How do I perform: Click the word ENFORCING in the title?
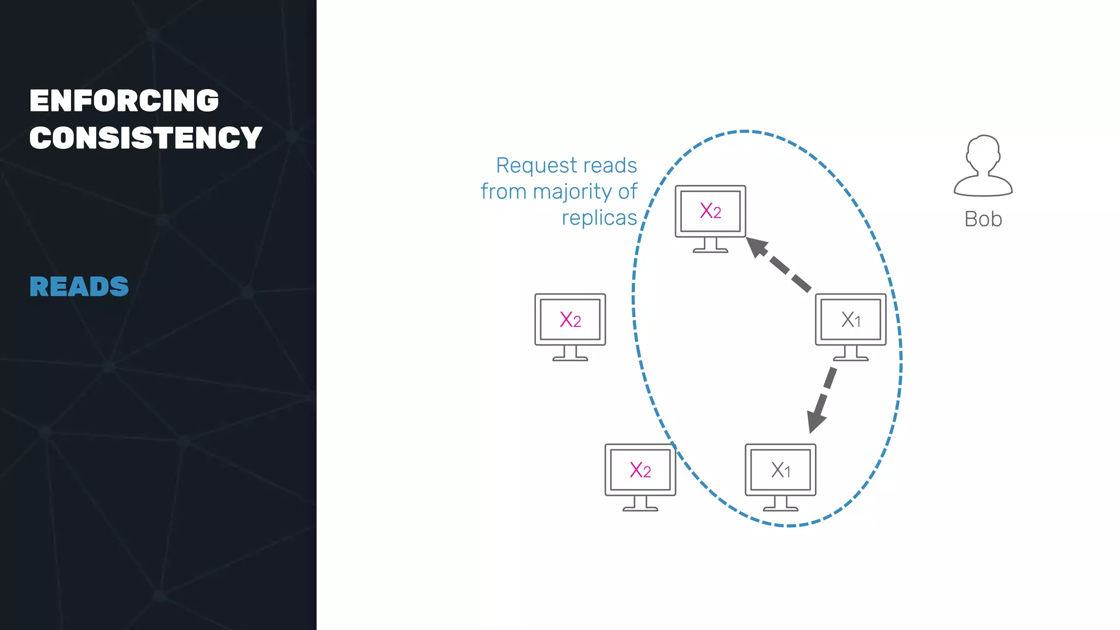coord(124,101)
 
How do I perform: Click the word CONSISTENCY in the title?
coord(145,137)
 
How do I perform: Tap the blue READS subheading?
coord(79,287)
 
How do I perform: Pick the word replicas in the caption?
coord(599,218)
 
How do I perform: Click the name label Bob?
coord(983,219)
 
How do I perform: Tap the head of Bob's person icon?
coord(983,153)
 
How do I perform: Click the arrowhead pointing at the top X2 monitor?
coord(756,247)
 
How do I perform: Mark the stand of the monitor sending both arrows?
coord(850,354)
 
